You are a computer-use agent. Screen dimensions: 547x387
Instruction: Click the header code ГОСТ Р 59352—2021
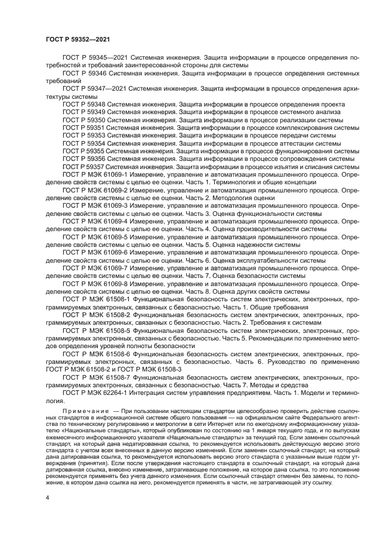coord(78,39)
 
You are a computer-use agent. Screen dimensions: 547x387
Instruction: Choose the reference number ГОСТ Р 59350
coord(84,119)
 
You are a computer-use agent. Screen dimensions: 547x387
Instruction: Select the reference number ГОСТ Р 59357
coord(84,166)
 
